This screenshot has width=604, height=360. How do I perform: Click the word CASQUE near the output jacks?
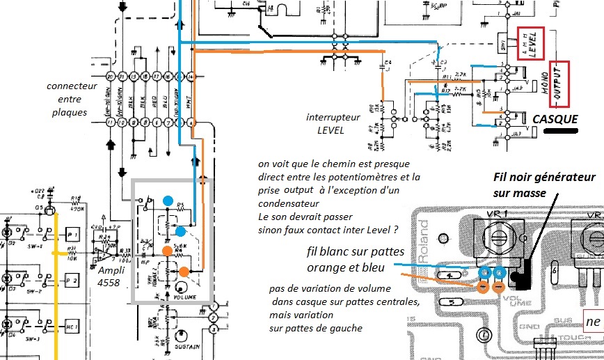pos(555,119)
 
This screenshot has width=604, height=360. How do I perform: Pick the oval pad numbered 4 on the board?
pos(450,276)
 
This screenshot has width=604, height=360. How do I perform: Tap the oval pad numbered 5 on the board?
pos(451,303)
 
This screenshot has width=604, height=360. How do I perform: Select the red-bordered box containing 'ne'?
pos(591,322)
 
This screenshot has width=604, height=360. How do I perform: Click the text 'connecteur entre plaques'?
pos(67,99)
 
